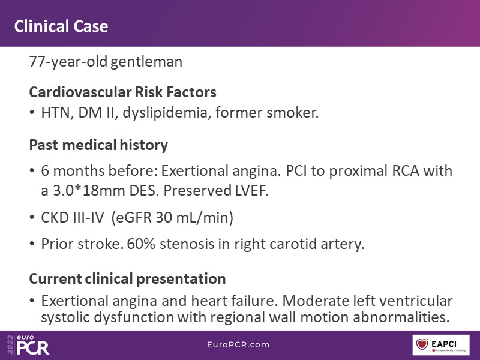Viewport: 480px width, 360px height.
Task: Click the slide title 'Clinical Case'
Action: coord(61,26)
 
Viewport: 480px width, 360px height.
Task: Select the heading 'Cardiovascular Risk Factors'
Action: coord(123,92)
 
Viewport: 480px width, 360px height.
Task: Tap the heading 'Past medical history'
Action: coord(98,145)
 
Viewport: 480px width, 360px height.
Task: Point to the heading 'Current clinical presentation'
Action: coord(127,279)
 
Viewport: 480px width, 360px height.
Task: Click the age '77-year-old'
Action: coord(68,62)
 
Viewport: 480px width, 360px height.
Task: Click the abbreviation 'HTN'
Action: coord(57,113)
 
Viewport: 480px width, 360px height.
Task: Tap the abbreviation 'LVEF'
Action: coord(251,191)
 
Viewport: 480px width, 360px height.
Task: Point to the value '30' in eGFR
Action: coord(163,218)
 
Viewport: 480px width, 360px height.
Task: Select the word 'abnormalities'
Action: coord(401,317)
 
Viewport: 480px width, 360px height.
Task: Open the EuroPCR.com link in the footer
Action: coord(238,344)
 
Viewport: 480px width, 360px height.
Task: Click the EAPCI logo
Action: coord(441,345)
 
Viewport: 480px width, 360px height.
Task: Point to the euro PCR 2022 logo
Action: coord(28,345)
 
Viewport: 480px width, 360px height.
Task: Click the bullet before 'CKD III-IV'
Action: coord(32,218)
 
